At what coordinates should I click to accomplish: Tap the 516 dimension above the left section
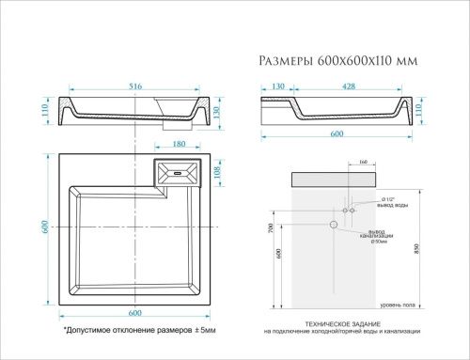point(135,86)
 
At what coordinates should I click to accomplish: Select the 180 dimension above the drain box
point(179,145)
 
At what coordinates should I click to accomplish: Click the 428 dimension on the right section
point(350,86)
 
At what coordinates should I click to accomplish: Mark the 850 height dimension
point(429,240)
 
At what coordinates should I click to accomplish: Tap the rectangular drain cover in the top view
point(179,173)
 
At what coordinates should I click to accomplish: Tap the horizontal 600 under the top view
point(135,313)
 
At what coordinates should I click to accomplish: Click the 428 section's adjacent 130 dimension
point(279,86)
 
